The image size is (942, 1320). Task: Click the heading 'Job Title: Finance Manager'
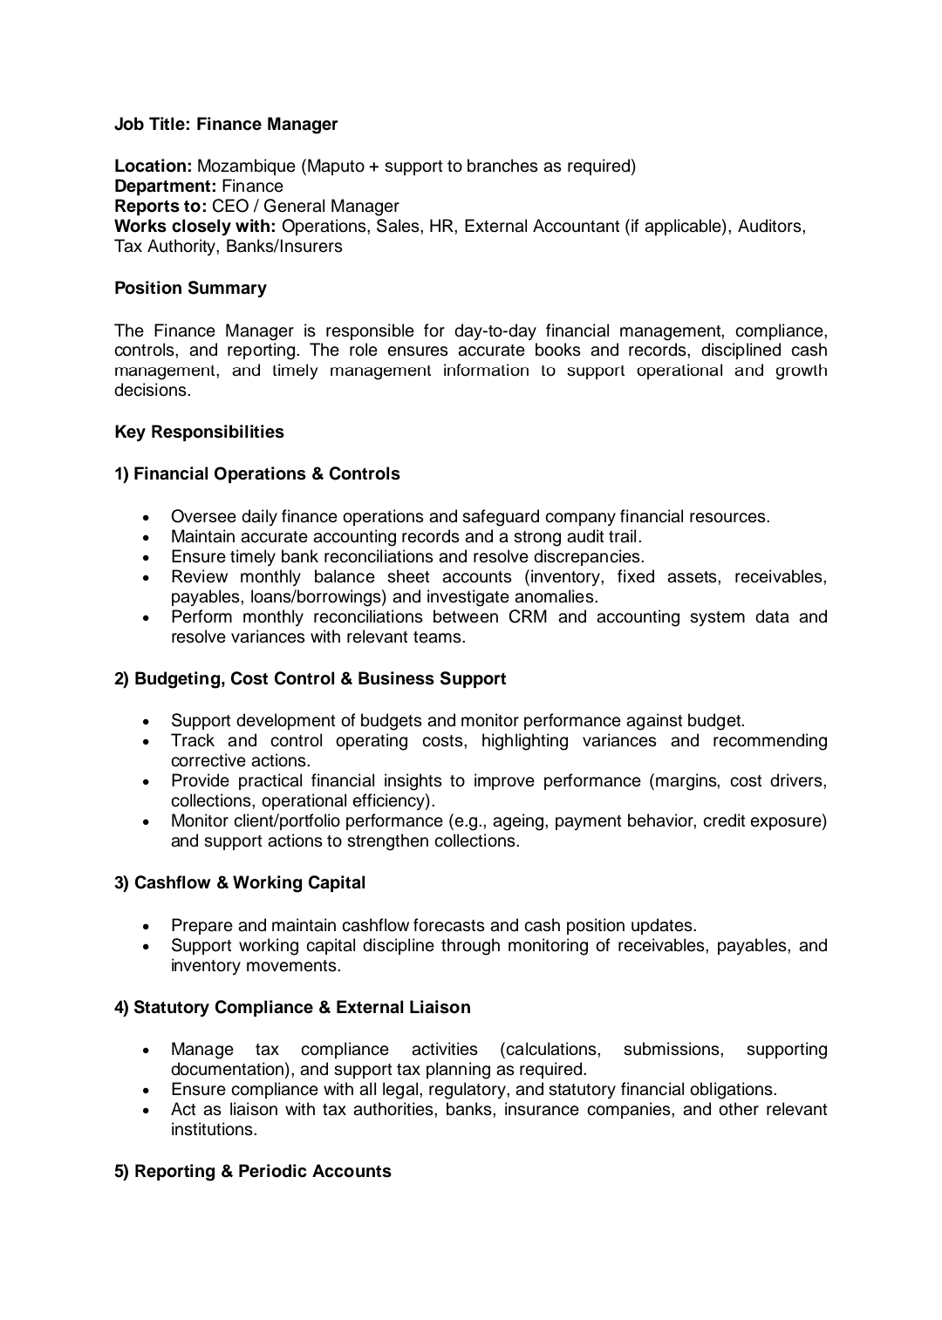click(x=226, y=124)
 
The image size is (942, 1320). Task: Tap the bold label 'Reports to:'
click(x=160, y=206)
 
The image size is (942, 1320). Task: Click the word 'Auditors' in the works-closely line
click(x=771, y=226)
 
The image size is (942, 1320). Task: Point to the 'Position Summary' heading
click(x=190, y=288)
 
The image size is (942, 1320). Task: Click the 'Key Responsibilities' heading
click(x=199, y=432)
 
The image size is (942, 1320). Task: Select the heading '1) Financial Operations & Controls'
click(x=257, y=473)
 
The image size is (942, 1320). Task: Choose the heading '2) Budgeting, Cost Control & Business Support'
click(x=311, y=678)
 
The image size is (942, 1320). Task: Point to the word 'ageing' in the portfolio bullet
click(x=520, y=820)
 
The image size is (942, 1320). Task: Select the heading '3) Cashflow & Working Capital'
click(x=240, y=882)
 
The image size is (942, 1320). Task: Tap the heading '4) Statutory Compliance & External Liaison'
click(x=292, y=1007)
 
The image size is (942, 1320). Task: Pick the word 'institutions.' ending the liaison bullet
click(x=214, y=1129)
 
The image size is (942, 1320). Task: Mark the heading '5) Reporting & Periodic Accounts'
click(x=253, y=1171)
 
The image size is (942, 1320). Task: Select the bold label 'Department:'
click(x=166, y=186)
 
